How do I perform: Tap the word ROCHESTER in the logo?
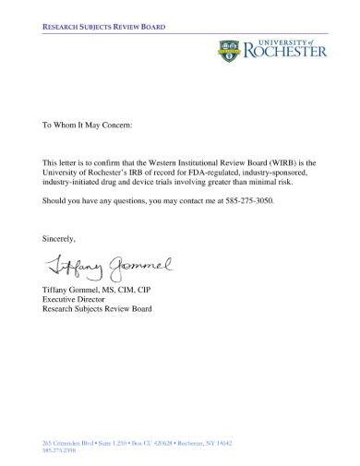[x=285, y=53]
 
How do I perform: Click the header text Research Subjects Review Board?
[x=103, y=28]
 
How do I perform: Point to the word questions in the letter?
[x=134, y=200]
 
